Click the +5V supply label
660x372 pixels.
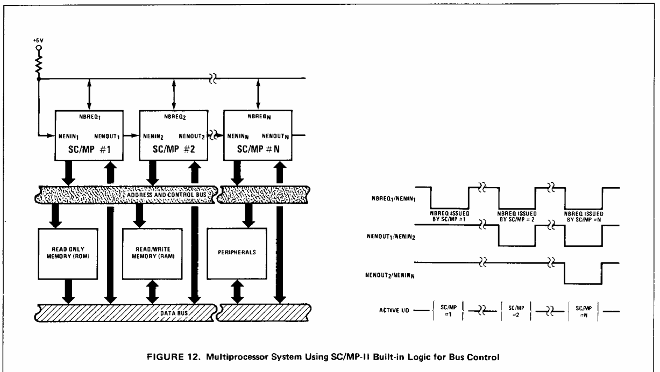click(x=38, y=40)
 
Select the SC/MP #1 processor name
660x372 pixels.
click(x=89, y=149)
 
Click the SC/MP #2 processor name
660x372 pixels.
click(x=174, y=149)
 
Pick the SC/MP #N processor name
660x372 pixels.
click(x=258, y=149)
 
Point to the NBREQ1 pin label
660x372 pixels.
click(x=90, y=117)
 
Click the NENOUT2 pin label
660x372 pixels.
click(x=191, y=137)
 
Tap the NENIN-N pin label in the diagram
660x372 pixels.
click(x=238, y=137)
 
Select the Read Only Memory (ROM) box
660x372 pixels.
click(x=68, y=254)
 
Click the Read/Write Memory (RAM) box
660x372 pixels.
click(x=152, y=254)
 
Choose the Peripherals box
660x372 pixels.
click(x=237, y=254)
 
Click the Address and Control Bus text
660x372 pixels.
click(x=167, y=195)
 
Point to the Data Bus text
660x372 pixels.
click(x=174, y=313)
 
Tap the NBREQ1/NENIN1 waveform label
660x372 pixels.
click(x=393, y=199)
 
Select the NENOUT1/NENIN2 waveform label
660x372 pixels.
click(x=391, y=237)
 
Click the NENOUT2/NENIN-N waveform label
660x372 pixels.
click(x=390, y=275)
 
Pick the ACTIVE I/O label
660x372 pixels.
click(x=394, y=310)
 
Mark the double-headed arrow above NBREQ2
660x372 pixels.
click(x=174, y=94)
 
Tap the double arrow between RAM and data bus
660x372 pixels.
click(x=152, y=292)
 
